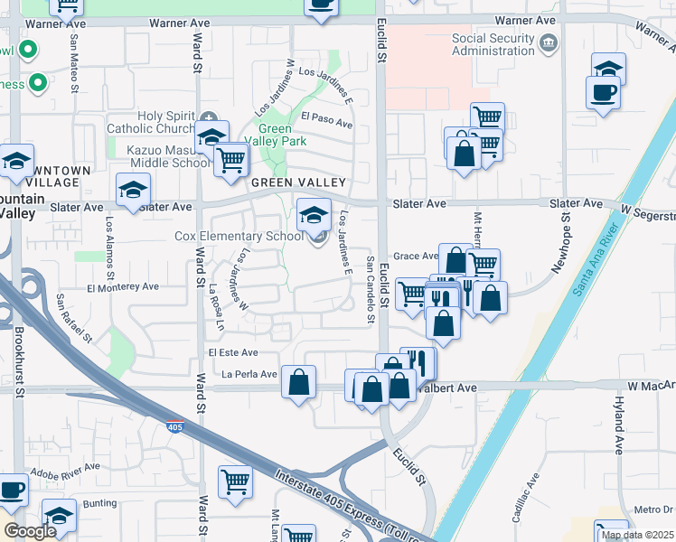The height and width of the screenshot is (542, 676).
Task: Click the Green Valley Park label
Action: (x=282, y=135)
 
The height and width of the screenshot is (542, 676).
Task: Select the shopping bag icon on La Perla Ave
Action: (x=298, y=382)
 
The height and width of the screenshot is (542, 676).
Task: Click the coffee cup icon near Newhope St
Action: (x=603, y=90)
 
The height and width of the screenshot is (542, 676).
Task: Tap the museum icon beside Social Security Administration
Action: (x=548, y=43)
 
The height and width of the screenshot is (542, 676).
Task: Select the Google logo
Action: (x=29, y=531)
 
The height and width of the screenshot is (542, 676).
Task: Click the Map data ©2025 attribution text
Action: (x=637, y=535)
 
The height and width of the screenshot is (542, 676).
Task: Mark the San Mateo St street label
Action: (x=70, y=54)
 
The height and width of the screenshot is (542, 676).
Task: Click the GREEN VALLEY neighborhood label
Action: (x=286, y=182)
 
